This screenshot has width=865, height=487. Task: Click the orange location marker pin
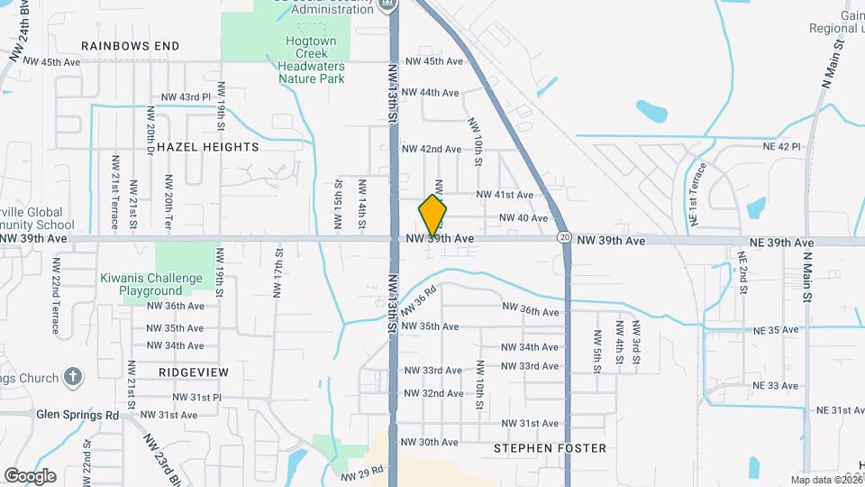pyautogui.click(x=433, y=216)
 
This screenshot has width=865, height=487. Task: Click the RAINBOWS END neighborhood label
pyautogui.click(x=130, y=46)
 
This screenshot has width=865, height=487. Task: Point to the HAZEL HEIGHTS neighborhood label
pyautogui.click(x=207, y=147)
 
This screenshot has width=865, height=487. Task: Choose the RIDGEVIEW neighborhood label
pyautogui.click(x=193, y=372)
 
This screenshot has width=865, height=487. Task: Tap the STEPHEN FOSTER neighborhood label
pyautogui.click(x=550, y=448)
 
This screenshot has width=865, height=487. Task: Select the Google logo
pyautogui.click(x=30, y=475)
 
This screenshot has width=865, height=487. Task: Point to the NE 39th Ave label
pyautogui.click(x=781, y=243)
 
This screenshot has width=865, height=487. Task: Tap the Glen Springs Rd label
pyautogui.click(x=77, y=415)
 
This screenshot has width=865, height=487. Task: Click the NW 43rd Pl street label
pyautogui.click(x=185, y=96)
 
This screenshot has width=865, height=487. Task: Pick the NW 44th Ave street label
pyautogui.click(x=431, y=93)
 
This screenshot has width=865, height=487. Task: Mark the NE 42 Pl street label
pyautogui.click(x=781, y=146)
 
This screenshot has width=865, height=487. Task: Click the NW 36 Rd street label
pyautogui.click(x=419, y=299)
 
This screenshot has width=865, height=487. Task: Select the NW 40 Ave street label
pyautogui.click(x=523, y=218)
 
